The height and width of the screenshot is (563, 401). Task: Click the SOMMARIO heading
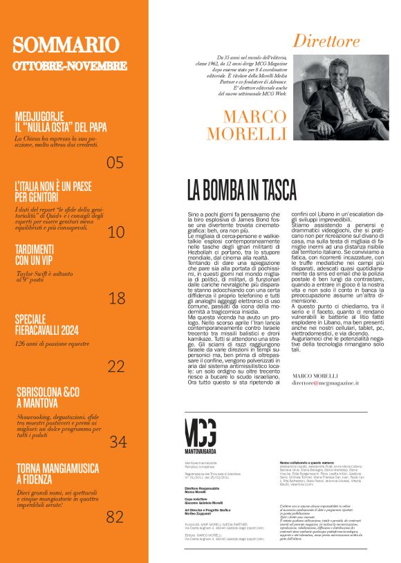[x=66, y=46]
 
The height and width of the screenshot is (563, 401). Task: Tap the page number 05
[x=115, y=163]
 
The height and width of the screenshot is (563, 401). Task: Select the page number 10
[x=116, y=232]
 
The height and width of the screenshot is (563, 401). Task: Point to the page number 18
[x=117, y=298]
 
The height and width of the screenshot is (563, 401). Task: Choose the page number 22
[x=115, y=367]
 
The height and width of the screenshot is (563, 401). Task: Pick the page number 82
[x=115, y=516]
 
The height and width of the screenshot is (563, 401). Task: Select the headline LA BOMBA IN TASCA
[x=241, y=190]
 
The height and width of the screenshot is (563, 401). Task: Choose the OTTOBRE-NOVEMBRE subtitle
[x=70, y=66]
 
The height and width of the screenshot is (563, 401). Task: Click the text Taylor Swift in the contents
[x=33, y=275]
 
